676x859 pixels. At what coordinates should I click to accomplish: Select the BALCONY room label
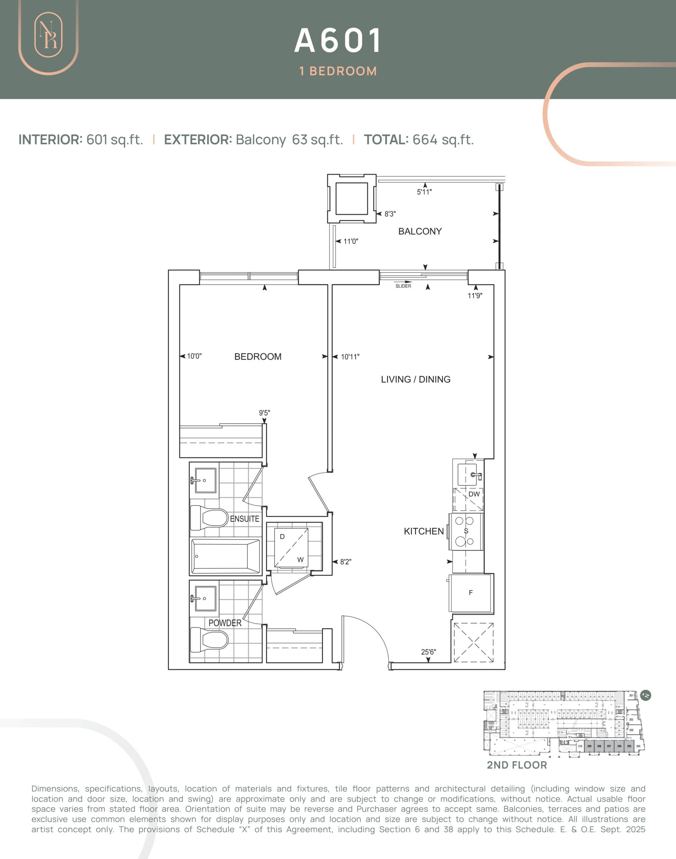(x=420, y=231)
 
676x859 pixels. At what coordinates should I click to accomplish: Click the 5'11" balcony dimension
(x=424, y=192)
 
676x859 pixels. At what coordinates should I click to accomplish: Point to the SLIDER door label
(x=403, y=286)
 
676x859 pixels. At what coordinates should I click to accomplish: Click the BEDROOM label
(x=258, y=357)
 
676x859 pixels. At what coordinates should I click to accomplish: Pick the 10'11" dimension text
(x=350, y=357)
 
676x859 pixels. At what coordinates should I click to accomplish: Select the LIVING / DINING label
(x=416, y=379)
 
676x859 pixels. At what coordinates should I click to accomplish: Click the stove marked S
(x=465, y=531)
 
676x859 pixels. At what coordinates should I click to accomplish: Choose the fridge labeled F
(x=471, y=593)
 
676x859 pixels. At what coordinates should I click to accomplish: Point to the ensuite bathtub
(x=225, y=556)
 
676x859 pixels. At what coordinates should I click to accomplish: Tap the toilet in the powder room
(x=210, y=640)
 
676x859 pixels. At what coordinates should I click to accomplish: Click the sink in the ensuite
(x=206, y=480)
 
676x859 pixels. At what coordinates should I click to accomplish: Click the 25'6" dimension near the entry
(x=428, y=652)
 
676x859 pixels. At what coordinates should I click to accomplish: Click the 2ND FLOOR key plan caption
(x=517, y=765)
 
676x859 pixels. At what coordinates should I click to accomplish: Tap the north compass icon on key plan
(x=645, y=695)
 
